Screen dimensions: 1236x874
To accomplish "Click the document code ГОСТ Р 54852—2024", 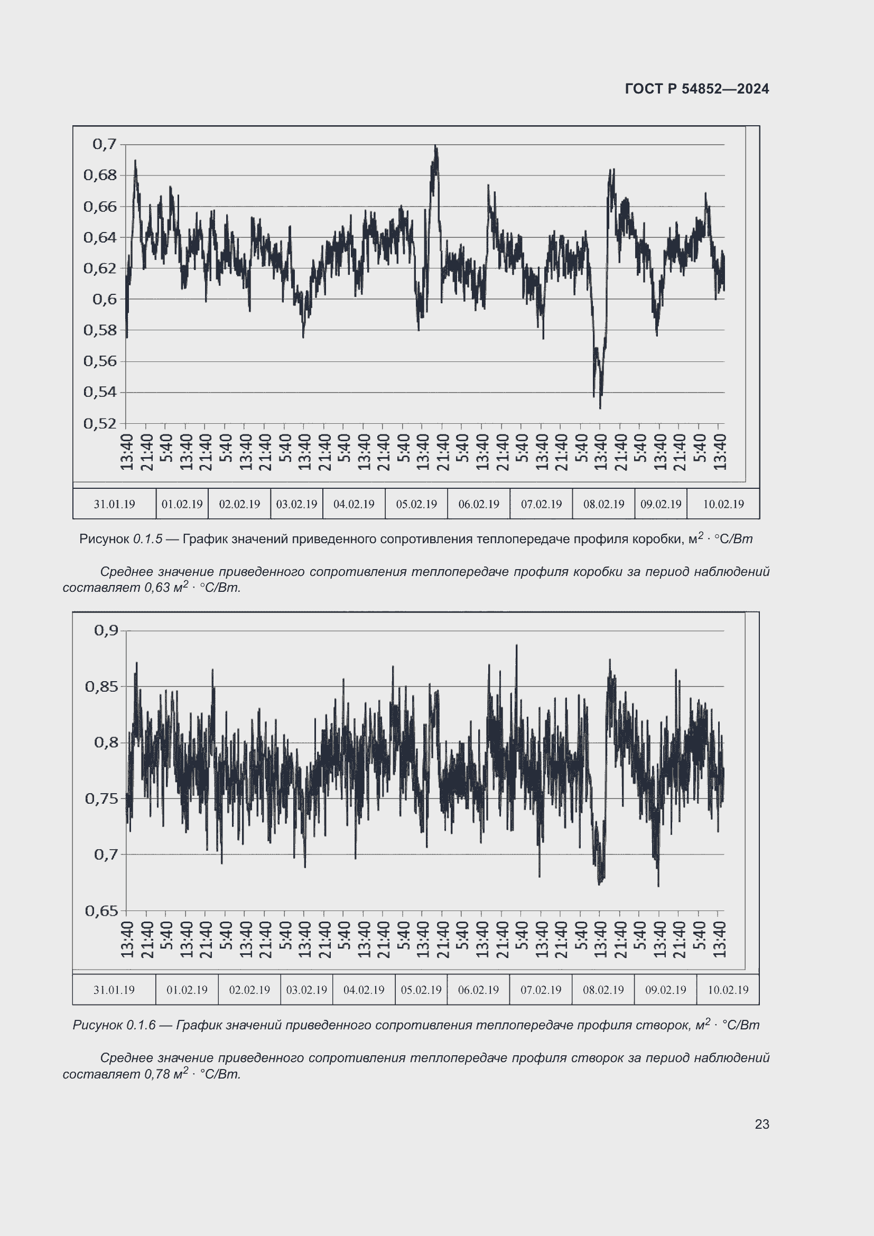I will click(696, 89).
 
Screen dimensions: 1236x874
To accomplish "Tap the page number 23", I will click(761, 1124).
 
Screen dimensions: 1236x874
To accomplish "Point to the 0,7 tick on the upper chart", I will click(105, 144).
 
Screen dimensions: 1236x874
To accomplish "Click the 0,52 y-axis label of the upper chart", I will click(99, 424).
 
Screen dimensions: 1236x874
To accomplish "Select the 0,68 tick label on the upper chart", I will click(99, 175).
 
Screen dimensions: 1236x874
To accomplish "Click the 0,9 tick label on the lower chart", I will click(106, 630).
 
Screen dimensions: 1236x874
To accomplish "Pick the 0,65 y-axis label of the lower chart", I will click(101, 911).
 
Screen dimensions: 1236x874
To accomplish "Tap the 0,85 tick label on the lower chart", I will click(101, 686).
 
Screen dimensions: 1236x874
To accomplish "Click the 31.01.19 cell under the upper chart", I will click(114, 505).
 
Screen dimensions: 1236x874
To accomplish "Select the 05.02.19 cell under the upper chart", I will click(416, 505).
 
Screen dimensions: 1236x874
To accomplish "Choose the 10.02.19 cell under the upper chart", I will click(723, 505).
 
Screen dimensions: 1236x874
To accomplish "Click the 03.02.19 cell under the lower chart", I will click(306, 990).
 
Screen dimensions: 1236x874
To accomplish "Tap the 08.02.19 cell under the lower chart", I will click(603, 990).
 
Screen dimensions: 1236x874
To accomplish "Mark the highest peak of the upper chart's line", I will click(435, 146).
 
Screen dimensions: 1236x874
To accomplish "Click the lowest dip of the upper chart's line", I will click(600, 407).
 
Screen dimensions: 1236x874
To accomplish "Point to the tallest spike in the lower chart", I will click(517, 645).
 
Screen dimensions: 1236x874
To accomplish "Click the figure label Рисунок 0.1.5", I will click(120, 539).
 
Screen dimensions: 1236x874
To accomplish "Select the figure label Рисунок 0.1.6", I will click(114, 1025).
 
